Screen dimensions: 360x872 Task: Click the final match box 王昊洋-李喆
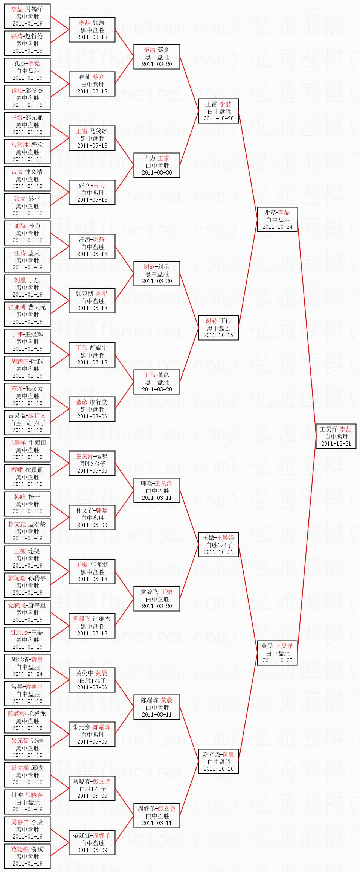click(336, 436)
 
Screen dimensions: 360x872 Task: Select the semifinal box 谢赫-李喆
click(277, 219)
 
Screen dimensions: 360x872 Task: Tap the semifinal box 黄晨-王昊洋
click(277, 653)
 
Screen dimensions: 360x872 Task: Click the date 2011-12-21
click(336, 444)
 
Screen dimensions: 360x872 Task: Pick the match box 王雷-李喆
click(218, 111)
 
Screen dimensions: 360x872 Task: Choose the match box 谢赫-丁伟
click(218, 328)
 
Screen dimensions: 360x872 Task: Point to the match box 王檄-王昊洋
click(218, 545)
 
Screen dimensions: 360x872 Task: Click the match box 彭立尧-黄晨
click(218, 761)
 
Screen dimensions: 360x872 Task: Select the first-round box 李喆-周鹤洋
click(27, 16)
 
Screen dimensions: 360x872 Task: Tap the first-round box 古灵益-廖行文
click(27, 423)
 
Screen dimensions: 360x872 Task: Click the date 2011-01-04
click(27, 674)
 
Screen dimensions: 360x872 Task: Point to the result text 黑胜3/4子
click(92, 464)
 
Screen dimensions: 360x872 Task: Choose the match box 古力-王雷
click(157, 165)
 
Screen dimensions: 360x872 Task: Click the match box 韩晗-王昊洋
click(157, 490)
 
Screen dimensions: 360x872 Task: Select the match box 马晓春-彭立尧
click(92, 788)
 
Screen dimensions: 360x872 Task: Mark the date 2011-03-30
click(157, 173)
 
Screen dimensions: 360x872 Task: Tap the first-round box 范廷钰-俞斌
click(27, 856)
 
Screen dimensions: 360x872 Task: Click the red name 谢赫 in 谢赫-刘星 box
click(149, 266)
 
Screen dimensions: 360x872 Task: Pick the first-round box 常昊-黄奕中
click(27, 694)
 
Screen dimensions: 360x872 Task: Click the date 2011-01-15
click(27, 51)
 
